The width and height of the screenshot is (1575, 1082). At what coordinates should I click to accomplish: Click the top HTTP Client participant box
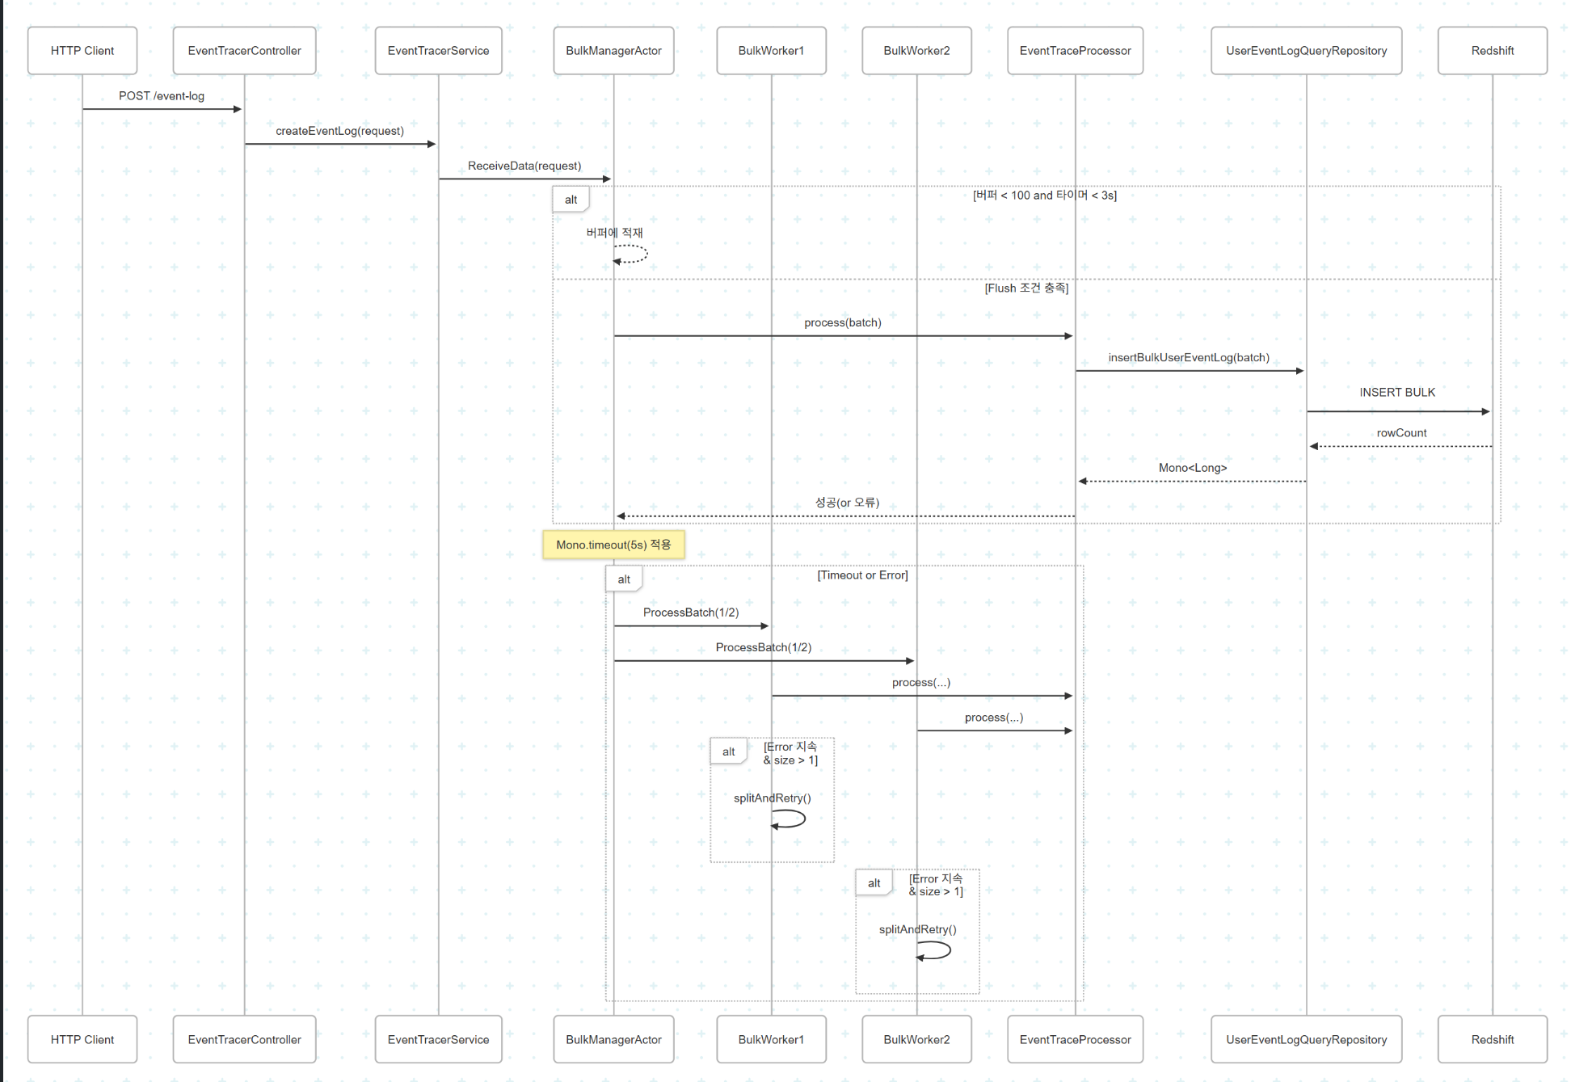(x=82, y=50)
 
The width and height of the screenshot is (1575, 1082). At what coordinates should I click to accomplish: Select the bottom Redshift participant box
(x=1492, y=1039)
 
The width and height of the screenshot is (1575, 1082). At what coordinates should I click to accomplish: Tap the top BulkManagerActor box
(x=613, y=50)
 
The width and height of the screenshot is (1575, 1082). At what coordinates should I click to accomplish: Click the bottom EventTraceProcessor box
(x=1075, y=1039)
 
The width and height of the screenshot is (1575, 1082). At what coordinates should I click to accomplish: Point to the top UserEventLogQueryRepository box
(x=1306, y=50)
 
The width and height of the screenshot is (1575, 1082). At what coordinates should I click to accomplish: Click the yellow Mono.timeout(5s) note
(x=613, y=545)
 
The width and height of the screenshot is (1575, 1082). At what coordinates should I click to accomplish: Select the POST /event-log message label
(x=162, y=96)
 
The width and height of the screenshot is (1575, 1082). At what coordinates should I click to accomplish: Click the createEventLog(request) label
(x=339, y=131)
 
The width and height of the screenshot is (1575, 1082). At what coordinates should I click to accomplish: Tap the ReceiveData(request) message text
(x=524, y=166)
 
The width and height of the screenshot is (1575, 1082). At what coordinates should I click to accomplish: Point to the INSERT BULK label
(x=1397, y=393)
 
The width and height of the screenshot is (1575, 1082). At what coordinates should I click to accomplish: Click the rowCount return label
(x=1401, y=433)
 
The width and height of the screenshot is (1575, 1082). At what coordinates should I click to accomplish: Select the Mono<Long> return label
(x=1193, y=468)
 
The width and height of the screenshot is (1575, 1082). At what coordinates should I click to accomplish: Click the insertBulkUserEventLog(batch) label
(x=1189, y=358)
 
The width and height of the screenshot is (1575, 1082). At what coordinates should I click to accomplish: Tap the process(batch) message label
(x=842, y=322)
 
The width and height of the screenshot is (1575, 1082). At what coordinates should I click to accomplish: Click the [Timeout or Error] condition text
(x=862, y=575)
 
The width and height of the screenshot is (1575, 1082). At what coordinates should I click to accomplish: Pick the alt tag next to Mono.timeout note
(x=624, y=579)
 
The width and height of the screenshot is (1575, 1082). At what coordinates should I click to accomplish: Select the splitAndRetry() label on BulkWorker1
(x=772, y=798)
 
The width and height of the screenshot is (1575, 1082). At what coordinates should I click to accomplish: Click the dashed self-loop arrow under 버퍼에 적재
(x=632, y=254)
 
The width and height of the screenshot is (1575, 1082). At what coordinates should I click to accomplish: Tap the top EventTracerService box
(x=438, y=50)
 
